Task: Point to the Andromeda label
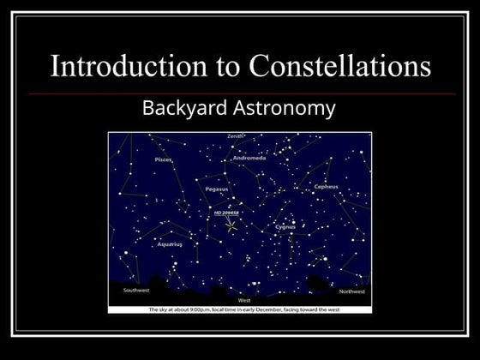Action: tap(249, 159)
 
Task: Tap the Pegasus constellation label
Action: tap(217, 189)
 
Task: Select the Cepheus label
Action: tap(326, 186)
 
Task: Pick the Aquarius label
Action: tap(169, 244)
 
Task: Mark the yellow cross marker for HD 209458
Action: tap(231, 225)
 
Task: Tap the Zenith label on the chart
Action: tap(235, 136)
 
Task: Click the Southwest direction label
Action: tap(136, 291)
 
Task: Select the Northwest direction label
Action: tap(351, 291)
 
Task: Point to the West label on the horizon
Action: tap(243, 301)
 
